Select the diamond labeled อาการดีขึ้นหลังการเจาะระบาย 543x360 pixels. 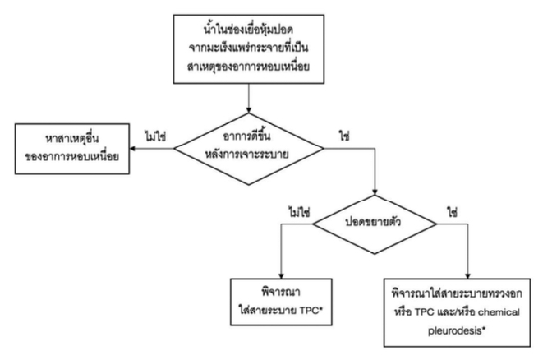[x=249, y=142]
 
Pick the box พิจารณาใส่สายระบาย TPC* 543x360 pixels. [x=282, y=297]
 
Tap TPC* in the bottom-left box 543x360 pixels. [x=307, y=305]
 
